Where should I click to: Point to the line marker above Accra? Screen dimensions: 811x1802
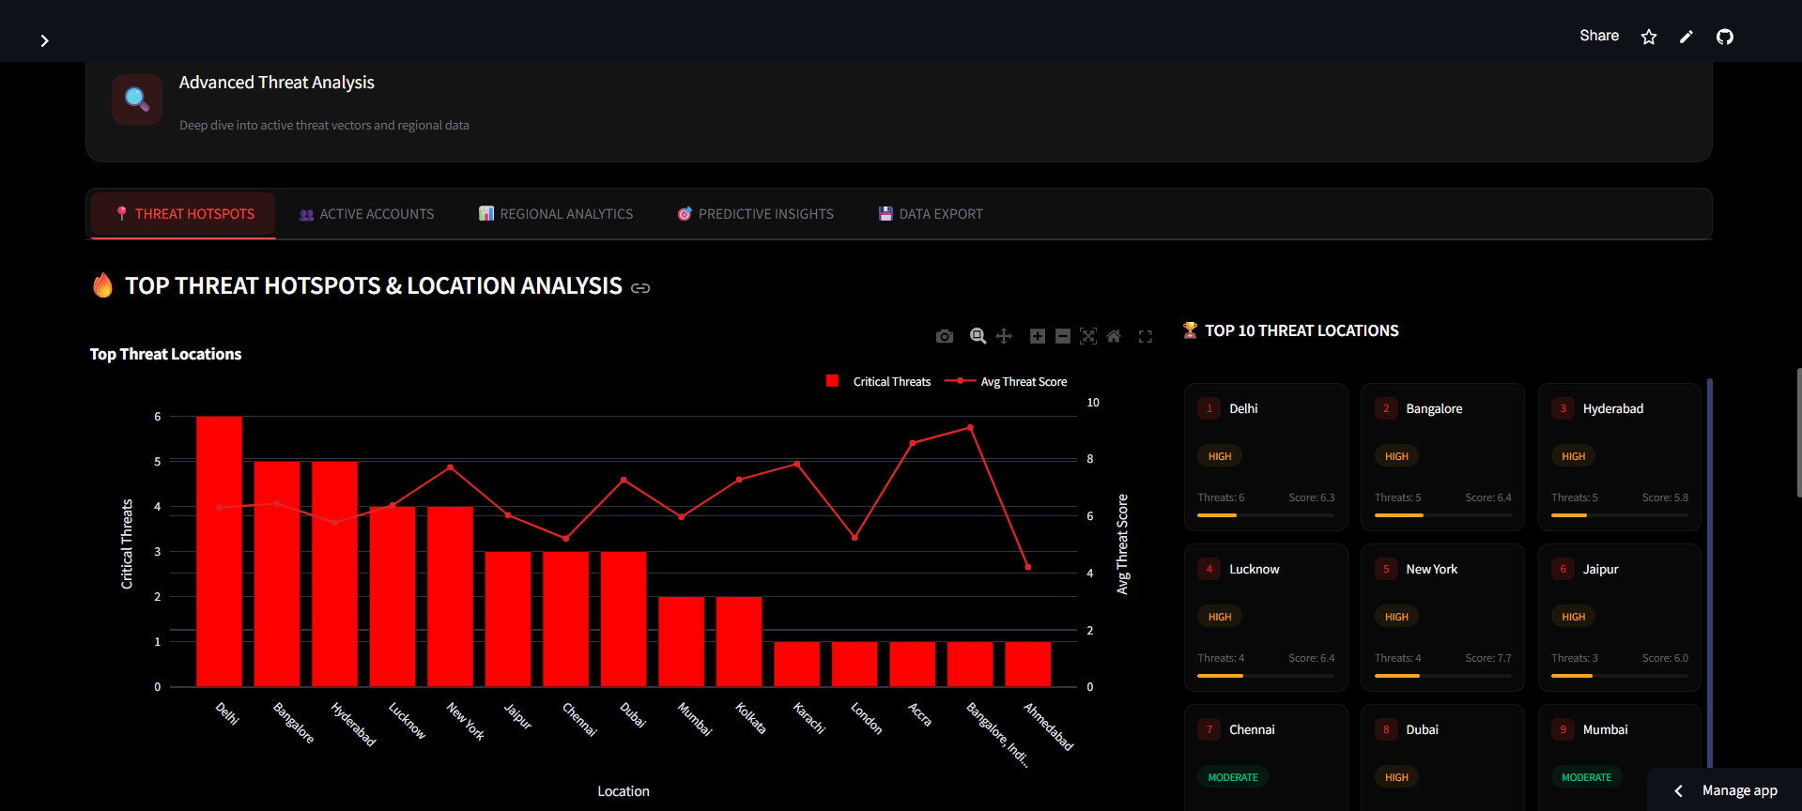pos(913,443)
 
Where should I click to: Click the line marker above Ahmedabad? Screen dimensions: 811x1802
pos(1027,567)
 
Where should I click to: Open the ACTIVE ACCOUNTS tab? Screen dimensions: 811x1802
pos(366,214)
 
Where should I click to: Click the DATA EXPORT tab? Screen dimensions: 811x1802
pos(931,214)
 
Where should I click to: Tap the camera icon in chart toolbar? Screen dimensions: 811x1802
pos(945,336)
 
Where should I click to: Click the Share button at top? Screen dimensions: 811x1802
pos(1598,36)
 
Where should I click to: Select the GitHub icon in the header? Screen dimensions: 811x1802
pos(1725,37)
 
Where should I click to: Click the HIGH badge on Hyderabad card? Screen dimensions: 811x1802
pos(1573,456)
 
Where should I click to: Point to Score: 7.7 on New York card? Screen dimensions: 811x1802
pos(1488,658)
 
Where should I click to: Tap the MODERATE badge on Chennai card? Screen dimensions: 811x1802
pos(1233,777)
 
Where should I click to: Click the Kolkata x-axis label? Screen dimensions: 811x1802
pos(750,718)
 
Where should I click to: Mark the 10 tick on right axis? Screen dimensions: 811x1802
pos(1093,403)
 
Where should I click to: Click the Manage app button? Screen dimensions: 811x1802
pos(1738,790)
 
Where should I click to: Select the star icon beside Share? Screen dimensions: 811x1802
pos(1649,37)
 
